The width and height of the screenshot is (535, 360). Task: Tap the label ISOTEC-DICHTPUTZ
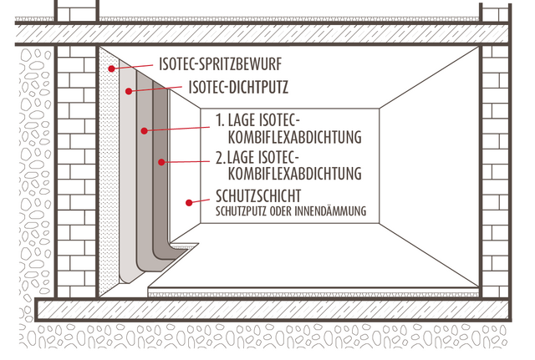coord(240,84)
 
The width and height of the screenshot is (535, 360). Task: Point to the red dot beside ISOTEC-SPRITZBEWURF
coord(110,66)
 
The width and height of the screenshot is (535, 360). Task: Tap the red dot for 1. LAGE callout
coord(145,130)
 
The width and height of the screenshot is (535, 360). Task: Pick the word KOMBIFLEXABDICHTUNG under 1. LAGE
coord(288,137)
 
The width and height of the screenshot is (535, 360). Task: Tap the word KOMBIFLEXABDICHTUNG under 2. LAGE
coord(288,175)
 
